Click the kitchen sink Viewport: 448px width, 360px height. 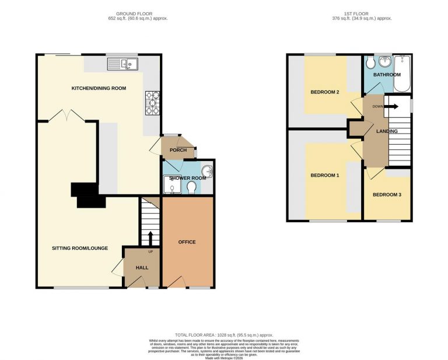point(122,64)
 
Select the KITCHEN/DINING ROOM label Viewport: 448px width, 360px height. point(99,88)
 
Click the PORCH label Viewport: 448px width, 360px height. point(178,150)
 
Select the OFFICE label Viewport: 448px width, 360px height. point(187,242)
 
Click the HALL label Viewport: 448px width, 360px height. point(141,268)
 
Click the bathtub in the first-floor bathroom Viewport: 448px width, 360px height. point(402,74)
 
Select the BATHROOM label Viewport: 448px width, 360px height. point(387,75)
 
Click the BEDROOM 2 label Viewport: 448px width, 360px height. point(325,91)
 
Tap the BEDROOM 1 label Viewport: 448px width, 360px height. point(325,175)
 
